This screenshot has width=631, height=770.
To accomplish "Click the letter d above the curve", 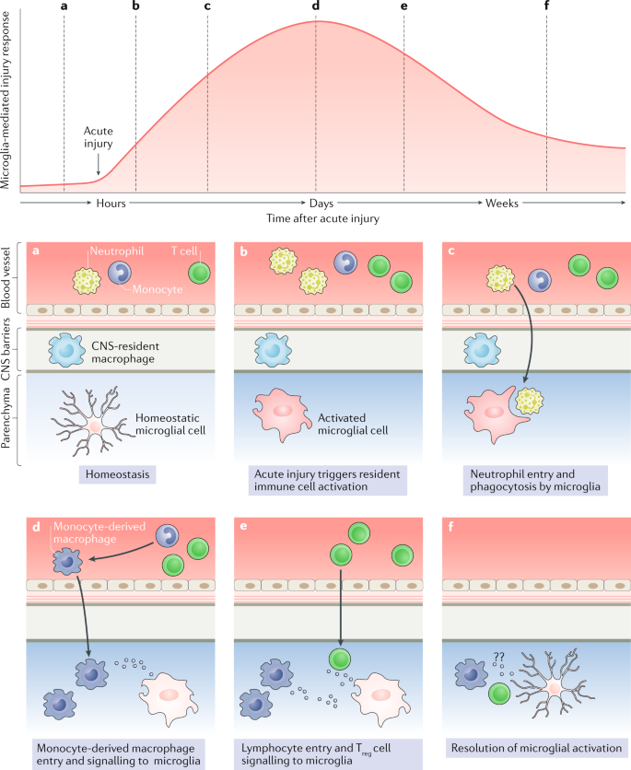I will (316, 7).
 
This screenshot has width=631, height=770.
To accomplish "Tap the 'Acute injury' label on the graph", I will (99, 137).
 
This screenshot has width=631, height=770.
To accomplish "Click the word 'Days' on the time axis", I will (321, 203).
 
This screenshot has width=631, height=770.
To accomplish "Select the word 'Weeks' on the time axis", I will (502, 203).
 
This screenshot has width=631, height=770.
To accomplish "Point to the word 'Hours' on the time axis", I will (110, 203).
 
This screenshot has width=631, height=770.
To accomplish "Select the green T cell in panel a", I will (198, 273).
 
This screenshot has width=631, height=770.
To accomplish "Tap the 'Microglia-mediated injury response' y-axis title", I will (8, 95).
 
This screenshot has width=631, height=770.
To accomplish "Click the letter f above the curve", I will (547, 7).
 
